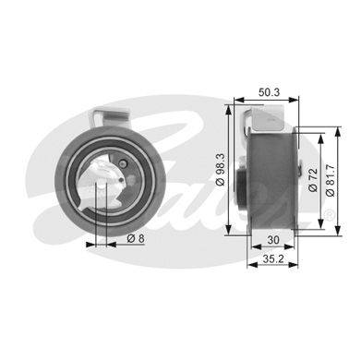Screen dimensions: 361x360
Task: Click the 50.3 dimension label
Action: click(269, 92)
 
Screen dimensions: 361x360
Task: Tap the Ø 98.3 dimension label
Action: click(221, 170)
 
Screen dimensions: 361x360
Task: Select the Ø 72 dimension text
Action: click(313, 180)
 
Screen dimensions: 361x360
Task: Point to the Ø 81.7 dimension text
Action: click(331, 180)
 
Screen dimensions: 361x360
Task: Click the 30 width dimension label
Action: click(273, 240)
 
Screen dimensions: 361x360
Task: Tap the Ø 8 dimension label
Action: click(136, 238)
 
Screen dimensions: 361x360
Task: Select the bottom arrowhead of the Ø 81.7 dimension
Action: click(338, 231)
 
